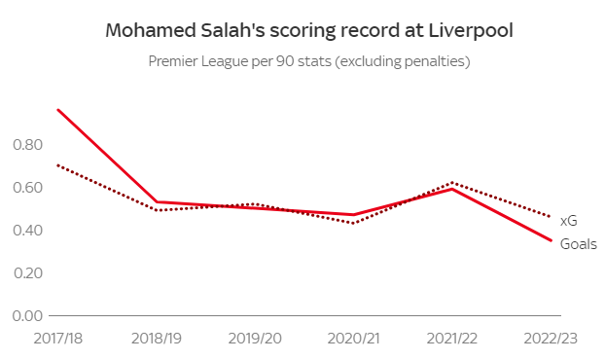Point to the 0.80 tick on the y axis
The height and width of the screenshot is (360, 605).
pyautogui.click(x=28, y=144)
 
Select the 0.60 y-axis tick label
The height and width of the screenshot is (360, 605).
pyautogui.click(x=28, y=187)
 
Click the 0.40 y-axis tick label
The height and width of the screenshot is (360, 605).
pyautogui.click(x=28, y=230)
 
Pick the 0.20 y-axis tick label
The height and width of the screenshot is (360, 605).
pyautogui.click(x=28, y=272)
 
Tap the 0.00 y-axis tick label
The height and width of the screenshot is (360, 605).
pyautogui.click(x=28, y=315)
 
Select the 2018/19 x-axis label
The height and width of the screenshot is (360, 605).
pyautogui.click(x=157, y=337)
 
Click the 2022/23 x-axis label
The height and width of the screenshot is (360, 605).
pyautogui.click(x=551, y=337)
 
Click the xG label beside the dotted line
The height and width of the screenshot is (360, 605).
pyautogui.click(x=569, y=222)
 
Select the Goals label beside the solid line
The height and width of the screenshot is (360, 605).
pyautogui.click(x=579, y=243)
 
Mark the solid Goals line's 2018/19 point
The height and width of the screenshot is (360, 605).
pyautogui.click(x=157, y=202)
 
